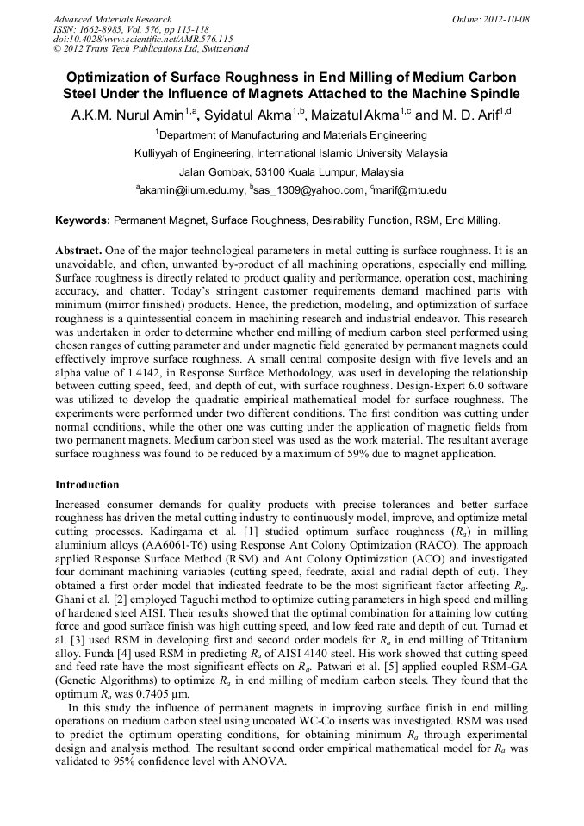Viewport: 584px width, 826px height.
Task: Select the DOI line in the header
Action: (143, 40)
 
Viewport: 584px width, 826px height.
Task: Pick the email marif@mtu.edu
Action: (410, 190)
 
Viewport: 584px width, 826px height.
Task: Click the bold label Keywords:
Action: (82, 221)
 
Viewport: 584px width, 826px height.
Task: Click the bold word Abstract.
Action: (79, 248)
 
